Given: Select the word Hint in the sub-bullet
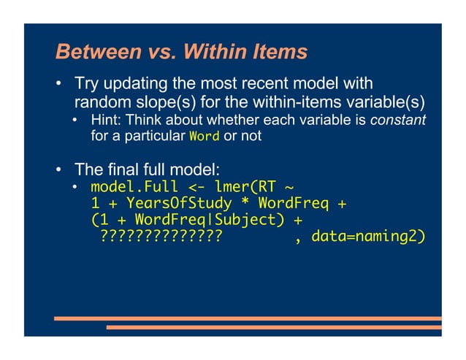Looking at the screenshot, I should (x=105, y=119).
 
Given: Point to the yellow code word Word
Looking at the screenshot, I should (x=202, y=137).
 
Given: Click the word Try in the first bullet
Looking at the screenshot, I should (x=88, y=84).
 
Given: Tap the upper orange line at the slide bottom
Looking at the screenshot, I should (x=248, y=318).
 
